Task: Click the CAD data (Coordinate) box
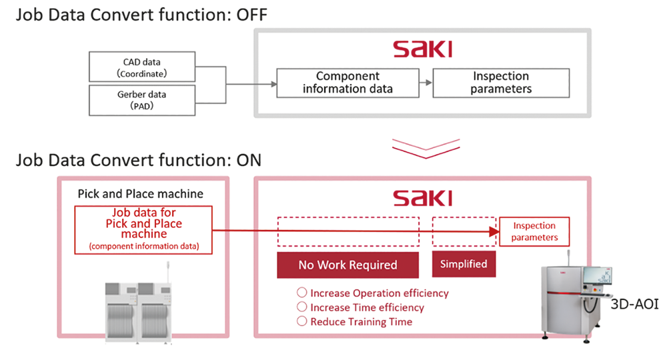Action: click(x=142, y=67)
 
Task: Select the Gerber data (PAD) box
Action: click(x=142, y=100)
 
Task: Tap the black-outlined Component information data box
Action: click(x=348, y=83)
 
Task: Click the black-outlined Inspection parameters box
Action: click(x=501, y=83)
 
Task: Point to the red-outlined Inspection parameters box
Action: click(x=534, y=231)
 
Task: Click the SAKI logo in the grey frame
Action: click(x=422, y=49)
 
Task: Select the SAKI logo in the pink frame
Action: click(x=422, y=198)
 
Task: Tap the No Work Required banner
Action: click(x=348, y=265)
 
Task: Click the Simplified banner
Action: click(x=464, y=264)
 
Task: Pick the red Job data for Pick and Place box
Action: click(x=143, y=230)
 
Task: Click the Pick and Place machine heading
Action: click(x=140, y=194)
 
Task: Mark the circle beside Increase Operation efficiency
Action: click(x=301, y=293)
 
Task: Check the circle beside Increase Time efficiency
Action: click(x=301, y=307)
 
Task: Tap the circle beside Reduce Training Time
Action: click(x=301, y=321)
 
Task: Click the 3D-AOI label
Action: click(x=634, y=304)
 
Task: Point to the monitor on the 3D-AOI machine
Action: click(x=597, y=275)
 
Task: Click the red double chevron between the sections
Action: click(x=426, y=149)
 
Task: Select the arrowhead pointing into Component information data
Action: click(x=274, y=84)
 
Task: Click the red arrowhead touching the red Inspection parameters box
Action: click(x=494, y=231)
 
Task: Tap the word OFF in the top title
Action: click(x=252, y=15)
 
